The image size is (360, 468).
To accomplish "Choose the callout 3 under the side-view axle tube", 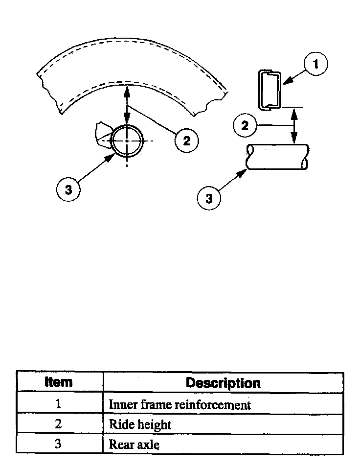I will coord(209,199).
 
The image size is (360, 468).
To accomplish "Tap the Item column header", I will coord(59,382).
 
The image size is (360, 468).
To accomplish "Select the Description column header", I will coord(223,382).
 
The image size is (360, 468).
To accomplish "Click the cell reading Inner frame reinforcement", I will coord(180,405).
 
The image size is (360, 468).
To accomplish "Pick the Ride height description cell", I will coord(140,424).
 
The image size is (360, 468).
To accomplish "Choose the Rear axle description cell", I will coord(134,445).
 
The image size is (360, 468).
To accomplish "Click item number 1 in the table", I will coord(59,404).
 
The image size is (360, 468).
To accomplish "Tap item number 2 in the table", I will coord(59,424).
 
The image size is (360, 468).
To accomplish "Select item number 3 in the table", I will coord(59,444).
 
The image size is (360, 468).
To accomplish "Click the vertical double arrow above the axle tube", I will coord(294,126).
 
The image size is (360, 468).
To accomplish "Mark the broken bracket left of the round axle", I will coord(104,134).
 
